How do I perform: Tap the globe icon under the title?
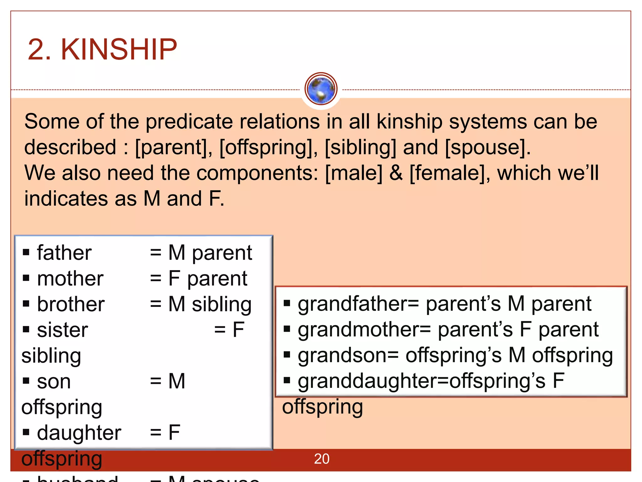(321, 89)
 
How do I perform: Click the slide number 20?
(321, 459)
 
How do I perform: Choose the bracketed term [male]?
(354, 173)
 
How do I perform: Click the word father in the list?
(64, 253)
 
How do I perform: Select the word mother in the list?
(70, 279)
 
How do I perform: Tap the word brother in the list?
(71, 304)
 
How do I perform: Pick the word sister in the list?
(62, 330)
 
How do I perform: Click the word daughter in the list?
(79, 433)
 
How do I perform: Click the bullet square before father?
(26, 252)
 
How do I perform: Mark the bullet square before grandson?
(287, 355)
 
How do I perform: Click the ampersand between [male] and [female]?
(396, 173)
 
